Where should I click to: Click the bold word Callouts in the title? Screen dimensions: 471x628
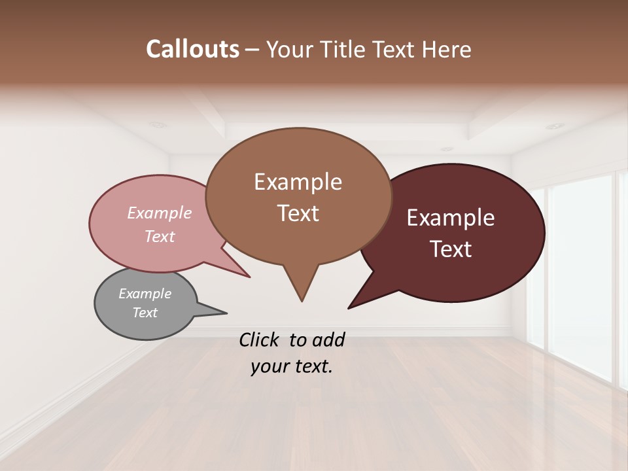193,49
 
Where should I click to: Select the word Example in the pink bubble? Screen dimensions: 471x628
160,213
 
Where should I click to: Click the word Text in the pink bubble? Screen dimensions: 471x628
160,236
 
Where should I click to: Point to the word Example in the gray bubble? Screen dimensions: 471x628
145,294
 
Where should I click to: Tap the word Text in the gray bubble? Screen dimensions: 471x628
145,313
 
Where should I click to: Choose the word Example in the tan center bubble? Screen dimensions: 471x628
298,182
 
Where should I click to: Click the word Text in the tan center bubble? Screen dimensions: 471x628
298,213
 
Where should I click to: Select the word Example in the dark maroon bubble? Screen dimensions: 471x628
451,218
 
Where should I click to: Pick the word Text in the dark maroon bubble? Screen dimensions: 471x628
451,249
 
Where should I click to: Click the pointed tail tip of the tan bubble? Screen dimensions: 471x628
302,301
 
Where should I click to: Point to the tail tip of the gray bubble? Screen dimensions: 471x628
226,313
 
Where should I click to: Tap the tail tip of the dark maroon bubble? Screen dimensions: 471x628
349,308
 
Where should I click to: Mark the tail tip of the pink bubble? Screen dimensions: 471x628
249,277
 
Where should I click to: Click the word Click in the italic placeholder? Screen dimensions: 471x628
260,340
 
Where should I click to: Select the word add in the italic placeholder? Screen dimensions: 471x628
328,340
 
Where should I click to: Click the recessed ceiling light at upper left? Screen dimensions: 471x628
157,124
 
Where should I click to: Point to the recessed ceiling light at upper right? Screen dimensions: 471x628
555,126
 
